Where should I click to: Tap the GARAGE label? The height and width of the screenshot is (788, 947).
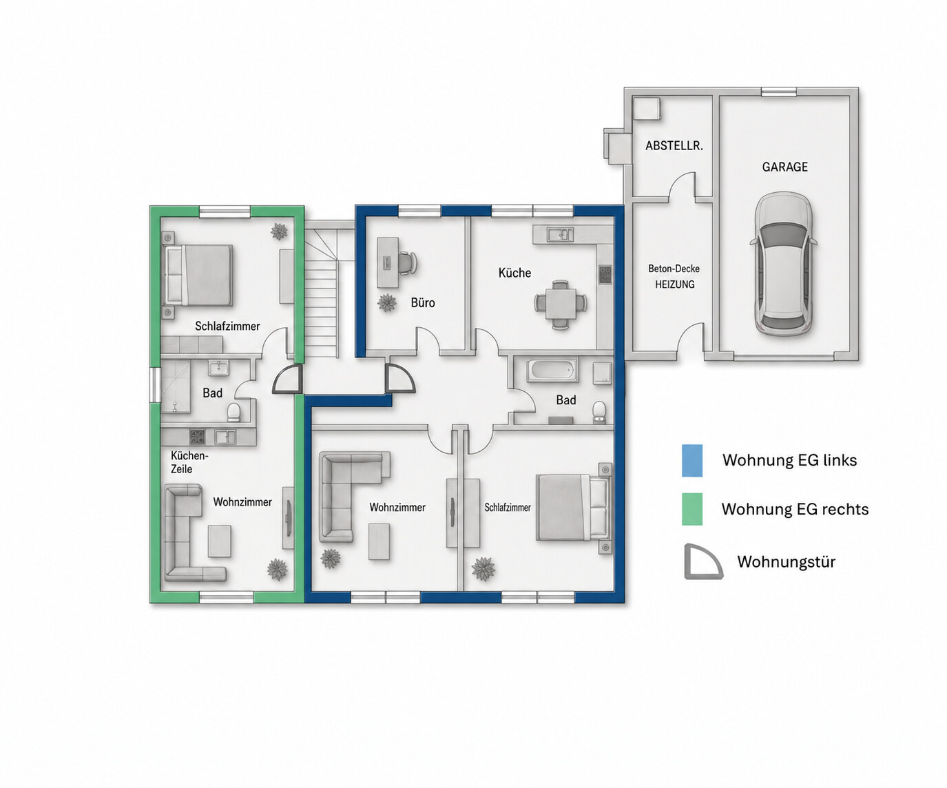[x=784, y=167]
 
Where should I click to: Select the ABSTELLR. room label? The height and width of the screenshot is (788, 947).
[x=674, y=145]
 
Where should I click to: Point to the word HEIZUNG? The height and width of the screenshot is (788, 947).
[x=674, y=284]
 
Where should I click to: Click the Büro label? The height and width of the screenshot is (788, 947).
[x=423, y=302]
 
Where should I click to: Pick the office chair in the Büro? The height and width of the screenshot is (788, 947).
[x=408, y=262]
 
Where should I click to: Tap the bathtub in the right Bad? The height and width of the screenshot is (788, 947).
[x=552, y=371]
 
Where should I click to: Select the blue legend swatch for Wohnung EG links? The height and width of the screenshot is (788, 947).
[x=692, y=460]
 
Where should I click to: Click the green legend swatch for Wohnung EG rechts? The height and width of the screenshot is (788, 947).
[x=692, y=509]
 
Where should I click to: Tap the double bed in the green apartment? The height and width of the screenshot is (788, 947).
[x=198, y=275]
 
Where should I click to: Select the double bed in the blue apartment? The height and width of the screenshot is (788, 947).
[x=573, y=508]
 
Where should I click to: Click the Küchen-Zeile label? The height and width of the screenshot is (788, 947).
[x=189, y=462]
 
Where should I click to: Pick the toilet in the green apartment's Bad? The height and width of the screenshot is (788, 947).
[x=233, y=412]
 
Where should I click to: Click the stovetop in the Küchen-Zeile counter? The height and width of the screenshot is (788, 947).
[x=197, y=437]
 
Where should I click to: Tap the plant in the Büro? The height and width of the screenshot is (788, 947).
[x=387, y=303]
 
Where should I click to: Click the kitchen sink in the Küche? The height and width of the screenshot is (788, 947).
[x=561, y=234]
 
